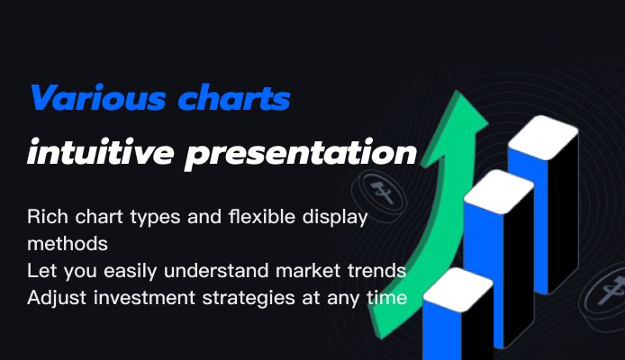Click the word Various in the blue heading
coord(98,97)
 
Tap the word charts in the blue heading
coord(234,97)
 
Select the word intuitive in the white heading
coord(101,152)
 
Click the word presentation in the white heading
coord(301,154)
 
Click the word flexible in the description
coord(262,217)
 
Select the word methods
coord(68,244)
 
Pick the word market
coord(308,271)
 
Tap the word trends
coord(377,271)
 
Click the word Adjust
coord(57,298)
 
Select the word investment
coord(144,298)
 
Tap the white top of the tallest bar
coord(543,137)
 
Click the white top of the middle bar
coord(499,191)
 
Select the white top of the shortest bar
coord(458,290)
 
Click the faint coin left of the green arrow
coord(379,193)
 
